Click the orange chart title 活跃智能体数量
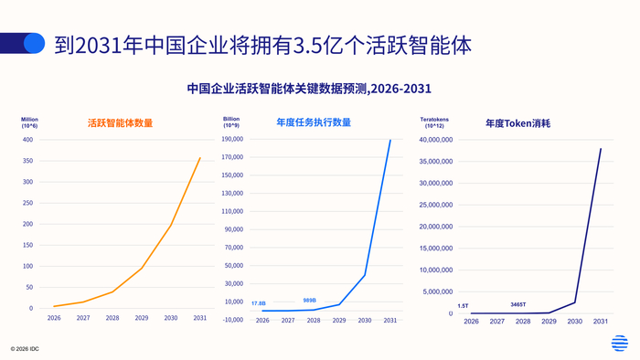pos(120,122)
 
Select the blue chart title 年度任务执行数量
pos(314,122)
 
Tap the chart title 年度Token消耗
pos(519,122)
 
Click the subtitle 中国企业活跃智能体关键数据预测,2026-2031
pos(309,89)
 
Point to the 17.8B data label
pos(259,303)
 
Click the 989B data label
pos(311,300)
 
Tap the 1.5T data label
pos(463,305)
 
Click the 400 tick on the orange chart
pos(27,140)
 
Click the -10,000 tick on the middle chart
pos(232,319)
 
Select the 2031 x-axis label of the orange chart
pos(199,318)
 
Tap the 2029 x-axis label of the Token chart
pos(549,322)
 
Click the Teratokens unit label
pos(434,119)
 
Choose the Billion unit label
pos(231,119)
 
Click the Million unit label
pos(30,119)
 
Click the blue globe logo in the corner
pos(620,344)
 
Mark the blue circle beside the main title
pos(34,43)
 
